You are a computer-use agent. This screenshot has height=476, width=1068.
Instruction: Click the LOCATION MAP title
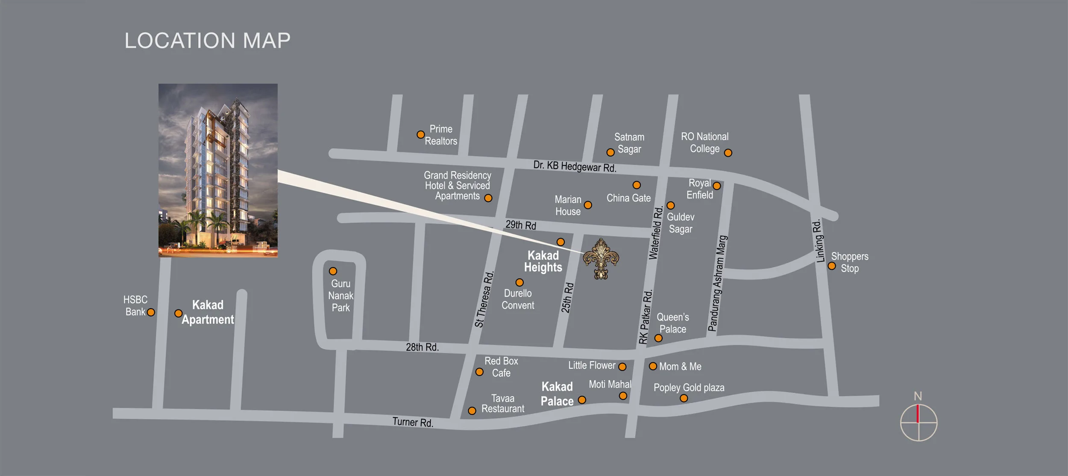point(207,41)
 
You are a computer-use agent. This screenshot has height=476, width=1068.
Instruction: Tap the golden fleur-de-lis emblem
point(601,259)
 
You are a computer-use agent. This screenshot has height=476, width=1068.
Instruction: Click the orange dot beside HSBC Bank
point(151,312)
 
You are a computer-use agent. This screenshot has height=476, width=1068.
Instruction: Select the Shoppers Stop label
point(849,263)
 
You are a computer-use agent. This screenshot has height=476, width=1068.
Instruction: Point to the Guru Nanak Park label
point(340,295)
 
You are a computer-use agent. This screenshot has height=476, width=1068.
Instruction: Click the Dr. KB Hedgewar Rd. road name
point(575,166)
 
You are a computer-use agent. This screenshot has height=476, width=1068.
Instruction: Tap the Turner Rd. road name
point(413,422)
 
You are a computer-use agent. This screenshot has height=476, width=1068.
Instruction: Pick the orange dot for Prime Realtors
point(420,134)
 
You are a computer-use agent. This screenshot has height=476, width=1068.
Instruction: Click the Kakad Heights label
point(543,261)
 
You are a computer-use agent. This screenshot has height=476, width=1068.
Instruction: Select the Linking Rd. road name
point(818,241)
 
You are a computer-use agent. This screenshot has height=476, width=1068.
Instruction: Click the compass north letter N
point(918,396)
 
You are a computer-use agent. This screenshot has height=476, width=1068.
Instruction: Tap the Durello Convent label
point(518,299)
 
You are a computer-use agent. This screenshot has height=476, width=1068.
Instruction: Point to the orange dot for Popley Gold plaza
point(684,398)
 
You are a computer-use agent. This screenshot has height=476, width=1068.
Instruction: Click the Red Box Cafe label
point(501,367)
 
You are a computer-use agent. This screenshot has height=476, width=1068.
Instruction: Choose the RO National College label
point(704,143)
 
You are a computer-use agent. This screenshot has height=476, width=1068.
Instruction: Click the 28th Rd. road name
point(422,347)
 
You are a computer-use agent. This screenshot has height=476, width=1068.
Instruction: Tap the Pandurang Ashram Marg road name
point(717,283)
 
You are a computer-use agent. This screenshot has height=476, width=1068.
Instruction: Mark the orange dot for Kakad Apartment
point(179,313)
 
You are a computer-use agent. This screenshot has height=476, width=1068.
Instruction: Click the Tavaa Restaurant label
point(503,403)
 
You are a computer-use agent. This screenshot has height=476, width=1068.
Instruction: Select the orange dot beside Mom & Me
point(653,366)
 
